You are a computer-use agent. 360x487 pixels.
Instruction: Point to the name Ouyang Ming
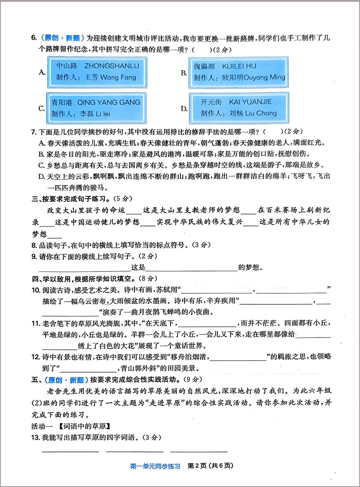click(x=264, y=78)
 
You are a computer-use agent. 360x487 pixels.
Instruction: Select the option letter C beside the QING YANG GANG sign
click(x=41, y=108)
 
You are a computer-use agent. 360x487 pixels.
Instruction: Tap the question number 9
click(x=34, y=256)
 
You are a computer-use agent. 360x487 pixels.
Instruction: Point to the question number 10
click(x=36, y=290)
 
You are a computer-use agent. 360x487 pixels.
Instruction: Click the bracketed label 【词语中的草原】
click(x=85, y=426)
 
